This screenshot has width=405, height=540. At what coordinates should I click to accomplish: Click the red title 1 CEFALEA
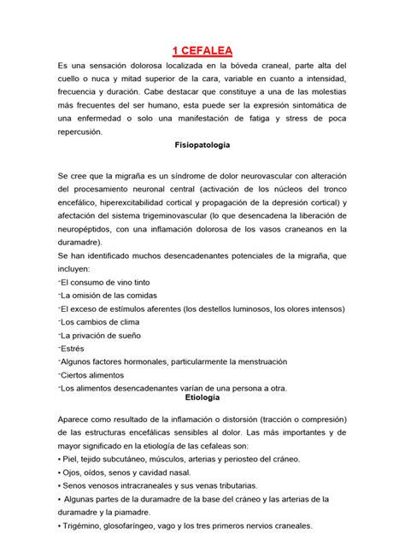(202, 50)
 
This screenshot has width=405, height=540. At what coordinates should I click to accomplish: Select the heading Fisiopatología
(202, 146)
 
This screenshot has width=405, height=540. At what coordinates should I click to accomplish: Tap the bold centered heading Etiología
(202, 398)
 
